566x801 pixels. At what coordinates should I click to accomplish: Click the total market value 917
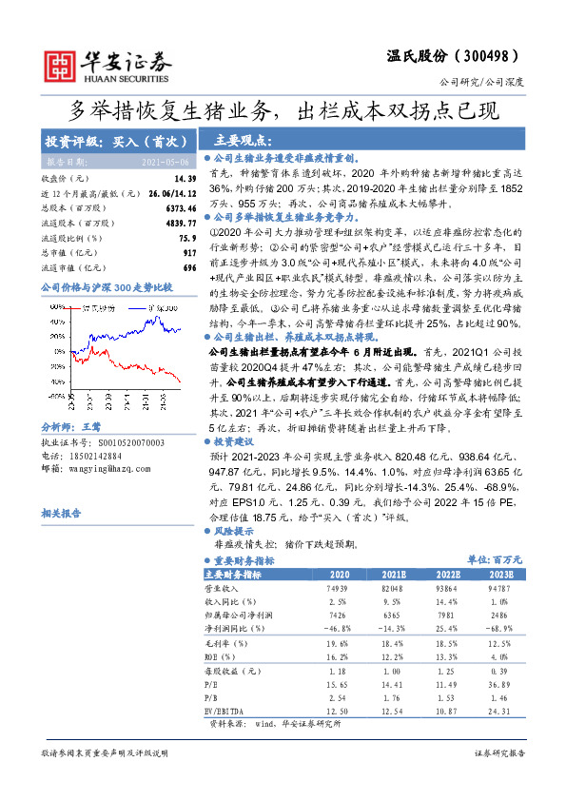pyautogui.click(x=189, y=253)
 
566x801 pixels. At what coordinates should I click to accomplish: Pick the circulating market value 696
pyautogui.click(x=189, y=268)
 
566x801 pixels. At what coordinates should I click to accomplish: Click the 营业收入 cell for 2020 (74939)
pyautogui.click(x=339, y=589)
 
